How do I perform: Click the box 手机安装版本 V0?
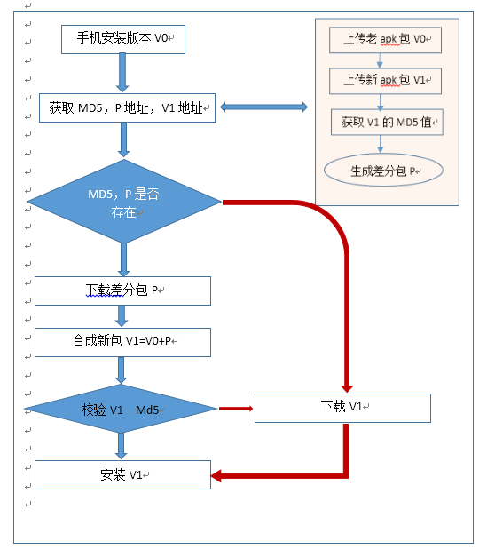[x=122, y=39]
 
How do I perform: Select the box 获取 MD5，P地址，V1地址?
[x=127, y=108]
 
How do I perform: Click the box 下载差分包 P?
[x=122, y=290]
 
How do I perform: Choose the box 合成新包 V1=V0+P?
[x=122, y=342]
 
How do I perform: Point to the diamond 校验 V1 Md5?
[x=122, y=410]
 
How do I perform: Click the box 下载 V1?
[x=342, y=408]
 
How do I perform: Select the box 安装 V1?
[x=122, y=474]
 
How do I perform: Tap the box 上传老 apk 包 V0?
[x=385, y=40]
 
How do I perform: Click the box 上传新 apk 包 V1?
[x=385, y=81]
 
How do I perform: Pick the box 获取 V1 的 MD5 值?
[x=386, y=122]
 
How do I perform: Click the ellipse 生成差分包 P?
[x=383, y=171]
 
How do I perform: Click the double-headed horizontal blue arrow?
[x=263, y=107]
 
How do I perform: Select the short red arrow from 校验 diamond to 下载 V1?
[x=235, y=409]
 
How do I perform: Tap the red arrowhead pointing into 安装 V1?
[x=218, y=476]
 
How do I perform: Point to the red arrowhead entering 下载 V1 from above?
[x=347, y=386]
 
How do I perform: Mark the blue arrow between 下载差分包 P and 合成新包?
[x=122, y=316]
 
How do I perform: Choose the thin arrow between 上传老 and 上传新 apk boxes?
[x=380, y=60]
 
